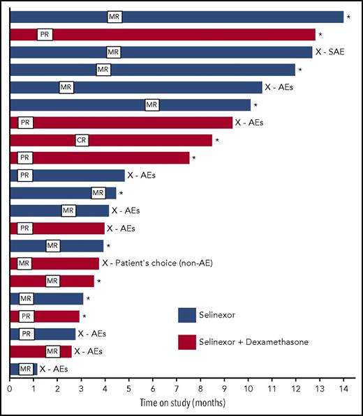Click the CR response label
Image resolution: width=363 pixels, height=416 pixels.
82,141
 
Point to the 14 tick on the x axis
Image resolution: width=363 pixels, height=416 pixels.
343,389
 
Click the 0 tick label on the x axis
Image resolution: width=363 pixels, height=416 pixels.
10,389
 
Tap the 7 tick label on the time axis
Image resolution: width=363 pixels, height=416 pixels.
177,389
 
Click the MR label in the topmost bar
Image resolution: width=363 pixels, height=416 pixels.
114,17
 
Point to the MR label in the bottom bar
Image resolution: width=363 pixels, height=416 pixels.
26,369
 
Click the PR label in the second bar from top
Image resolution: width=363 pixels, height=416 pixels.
45,34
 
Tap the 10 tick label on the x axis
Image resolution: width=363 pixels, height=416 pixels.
248,389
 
